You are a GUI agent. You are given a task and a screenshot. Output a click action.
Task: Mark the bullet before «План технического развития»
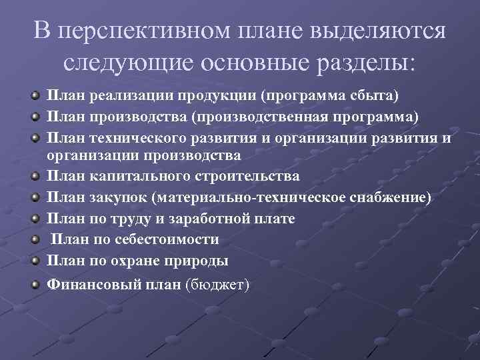click(x=35, y=138)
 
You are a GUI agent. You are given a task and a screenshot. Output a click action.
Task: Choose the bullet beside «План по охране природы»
click(x=35, y=260)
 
